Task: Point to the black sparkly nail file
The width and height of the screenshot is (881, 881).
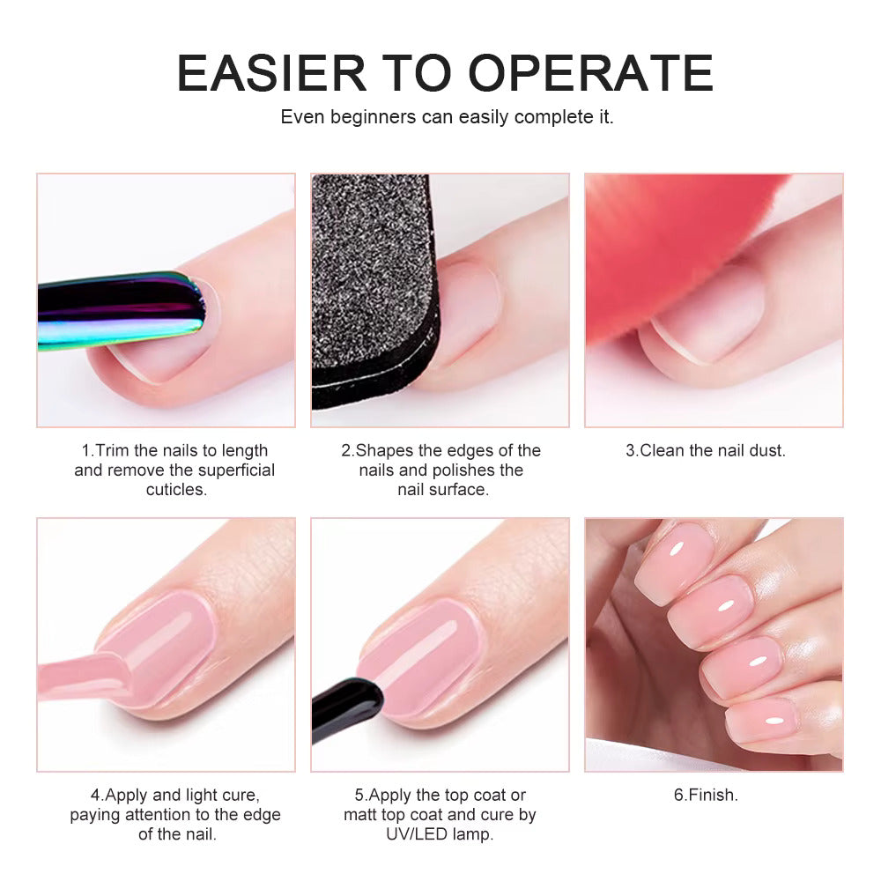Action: [x=374, y=291]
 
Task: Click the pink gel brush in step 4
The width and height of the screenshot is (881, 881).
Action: [x=85, y=677]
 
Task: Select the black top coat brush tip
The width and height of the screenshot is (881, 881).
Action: [x=346, y=709]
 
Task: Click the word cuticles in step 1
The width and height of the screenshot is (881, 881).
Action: [x=176, y=490]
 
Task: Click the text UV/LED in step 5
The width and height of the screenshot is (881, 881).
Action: [x=417, y=834]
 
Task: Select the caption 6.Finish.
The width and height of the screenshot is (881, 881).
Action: [x=706, y=795]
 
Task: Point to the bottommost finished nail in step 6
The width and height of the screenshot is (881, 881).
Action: [x=762, y=722]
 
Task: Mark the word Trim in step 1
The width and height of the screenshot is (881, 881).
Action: [x=113, y=450]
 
